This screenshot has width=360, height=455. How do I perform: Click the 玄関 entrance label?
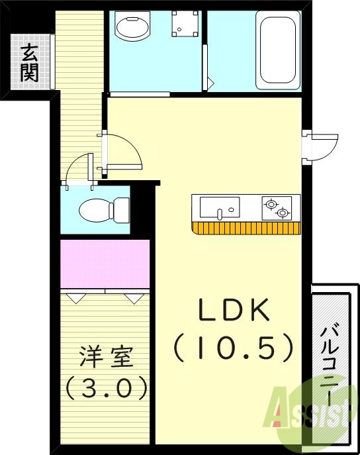28,62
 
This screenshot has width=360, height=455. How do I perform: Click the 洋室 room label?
105,357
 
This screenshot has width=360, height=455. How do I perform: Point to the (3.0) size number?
106,387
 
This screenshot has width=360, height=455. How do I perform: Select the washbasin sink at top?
132,27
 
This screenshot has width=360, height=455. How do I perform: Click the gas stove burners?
276,208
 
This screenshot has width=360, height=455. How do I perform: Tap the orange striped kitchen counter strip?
246,228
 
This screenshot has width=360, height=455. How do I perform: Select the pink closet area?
105,264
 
